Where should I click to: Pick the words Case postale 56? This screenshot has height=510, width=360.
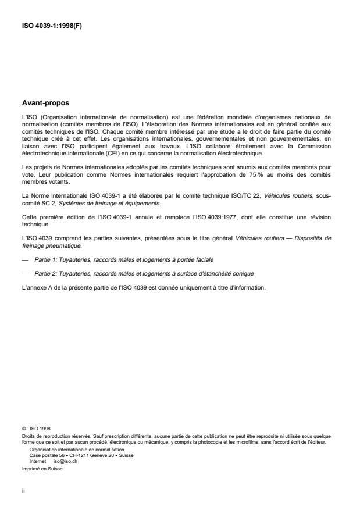44,455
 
